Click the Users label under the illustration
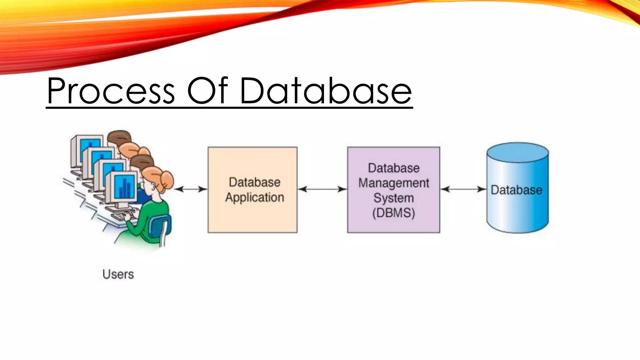pyautogui.click(x=118, y=274)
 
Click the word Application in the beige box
pyautogui.click(x=254, y=197)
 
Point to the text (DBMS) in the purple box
pyautogui.click(x=393, y=213)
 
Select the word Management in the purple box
pyautogui.click(x=393, y=183)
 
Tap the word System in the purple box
pyautogui.click(x=393, y=198)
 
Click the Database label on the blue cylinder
pyautogui.click(x=516, y=190)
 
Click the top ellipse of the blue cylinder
pyautogui.click(x=517, y=152)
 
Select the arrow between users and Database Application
pyautogui.click(x=191, y=189)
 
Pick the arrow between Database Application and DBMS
pyautogui.click(x=322, y=189)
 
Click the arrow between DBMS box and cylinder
pyautogui.click(x=463, y=189)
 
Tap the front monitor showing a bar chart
pyautogui.click(x=124, y=187)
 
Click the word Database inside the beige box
pyautogui.click(x=254, y=182)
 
